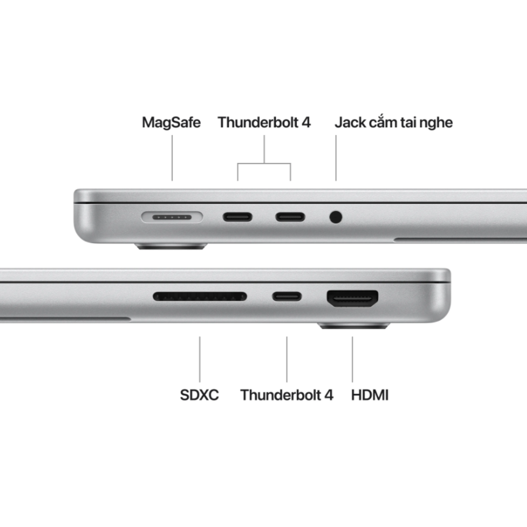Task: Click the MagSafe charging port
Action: [x=172, y=217]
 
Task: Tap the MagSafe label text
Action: [x=171, y=122]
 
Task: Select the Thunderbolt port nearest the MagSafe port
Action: [x=238, y=217]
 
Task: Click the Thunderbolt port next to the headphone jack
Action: [x=290, y=217]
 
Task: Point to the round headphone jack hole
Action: [x=336, y=217]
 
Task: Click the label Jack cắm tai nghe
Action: [x=394, y=122]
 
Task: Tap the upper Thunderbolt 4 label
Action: [x=264, y=122]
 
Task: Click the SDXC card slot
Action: [x=200, y=297]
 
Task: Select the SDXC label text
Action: [x=199, y=395]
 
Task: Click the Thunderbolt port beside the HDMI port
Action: [x=287, y=297]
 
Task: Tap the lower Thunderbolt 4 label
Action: [x=287, y=395]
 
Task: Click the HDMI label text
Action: [x=370, y=395]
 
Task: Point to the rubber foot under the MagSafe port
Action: [x=171, y=246]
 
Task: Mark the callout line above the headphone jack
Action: [x=336, y=158]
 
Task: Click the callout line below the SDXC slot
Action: [x=200, y=359]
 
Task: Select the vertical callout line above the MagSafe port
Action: [x=172, y=158]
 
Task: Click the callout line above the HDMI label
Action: [x=352, y=359]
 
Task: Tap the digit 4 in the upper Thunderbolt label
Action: [x=306, y=122]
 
